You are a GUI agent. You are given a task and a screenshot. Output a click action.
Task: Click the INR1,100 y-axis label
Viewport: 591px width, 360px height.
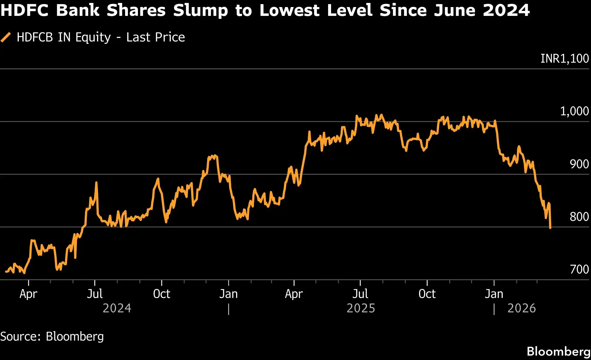click(x=565, y=59)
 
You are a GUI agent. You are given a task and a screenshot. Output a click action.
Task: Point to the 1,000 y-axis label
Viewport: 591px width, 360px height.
click(x=574, y=111)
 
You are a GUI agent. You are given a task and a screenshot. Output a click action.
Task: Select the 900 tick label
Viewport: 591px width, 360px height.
click(x=579, y=164)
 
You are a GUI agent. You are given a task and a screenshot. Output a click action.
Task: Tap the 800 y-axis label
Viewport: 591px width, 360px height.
click(x=579, y=216)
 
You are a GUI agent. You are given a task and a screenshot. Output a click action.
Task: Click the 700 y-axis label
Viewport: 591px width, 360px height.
click(x=579, y=269)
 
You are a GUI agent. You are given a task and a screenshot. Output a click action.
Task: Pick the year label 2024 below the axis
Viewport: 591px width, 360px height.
click(x=117, y=308)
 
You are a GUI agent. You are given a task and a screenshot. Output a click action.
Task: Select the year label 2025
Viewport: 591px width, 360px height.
click(x=361, y=308)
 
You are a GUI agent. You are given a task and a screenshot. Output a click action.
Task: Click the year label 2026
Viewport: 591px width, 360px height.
click(x=522, y=308)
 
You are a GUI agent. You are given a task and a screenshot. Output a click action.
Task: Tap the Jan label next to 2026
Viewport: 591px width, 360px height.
click(x=494, y=294)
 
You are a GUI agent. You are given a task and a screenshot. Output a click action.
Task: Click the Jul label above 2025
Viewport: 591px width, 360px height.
click(x=360, y=294)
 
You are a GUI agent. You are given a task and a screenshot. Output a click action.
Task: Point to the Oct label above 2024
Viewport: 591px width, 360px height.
click(x=161, y=294)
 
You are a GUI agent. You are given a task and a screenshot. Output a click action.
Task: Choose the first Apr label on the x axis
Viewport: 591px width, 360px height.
click(x=28, y=294)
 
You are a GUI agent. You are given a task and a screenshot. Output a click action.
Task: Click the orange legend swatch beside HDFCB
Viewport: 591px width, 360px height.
click(x=6, y=37)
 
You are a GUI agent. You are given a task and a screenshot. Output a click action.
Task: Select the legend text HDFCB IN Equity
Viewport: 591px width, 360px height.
click(x=64, y=37)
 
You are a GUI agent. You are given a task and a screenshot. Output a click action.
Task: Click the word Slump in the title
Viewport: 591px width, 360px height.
click(x=200, y=10)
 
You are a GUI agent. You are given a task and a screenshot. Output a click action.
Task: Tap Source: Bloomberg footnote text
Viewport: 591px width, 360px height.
click(x=52, y=336)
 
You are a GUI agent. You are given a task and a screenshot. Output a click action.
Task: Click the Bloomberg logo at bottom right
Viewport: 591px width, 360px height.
click(x=558, y=351)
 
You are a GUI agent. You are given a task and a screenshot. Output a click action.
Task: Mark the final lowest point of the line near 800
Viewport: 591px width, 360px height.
click(x=550, y=227)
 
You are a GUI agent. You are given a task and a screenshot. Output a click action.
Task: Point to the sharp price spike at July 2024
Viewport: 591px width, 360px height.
click(x=96, y=183)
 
